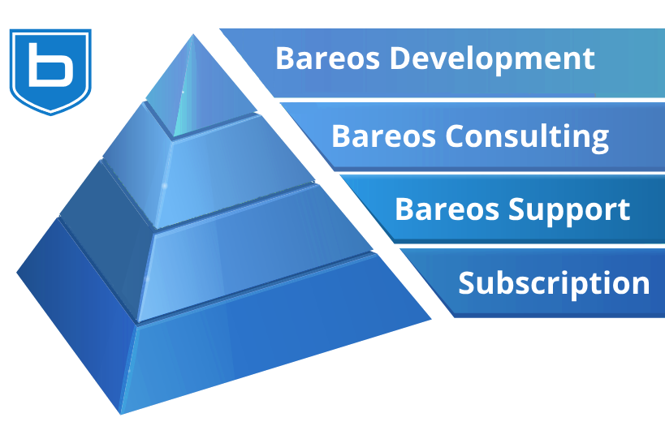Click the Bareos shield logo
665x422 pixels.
coord(50,71)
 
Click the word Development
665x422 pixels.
coord(492,59)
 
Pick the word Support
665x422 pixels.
coord(569,210)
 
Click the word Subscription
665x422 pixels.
coord(554,283)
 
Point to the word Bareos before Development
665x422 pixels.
coord(327,58)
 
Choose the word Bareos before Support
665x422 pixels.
coord(447,209)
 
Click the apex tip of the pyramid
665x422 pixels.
coord(193,34)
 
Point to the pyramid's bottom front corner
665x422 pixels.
coord(121,414)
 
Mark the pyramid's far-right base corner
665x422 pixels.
coord(431,319)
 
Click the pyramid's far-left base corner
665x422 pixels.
coord(17,273)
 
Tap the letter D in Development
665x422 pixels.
coord(401,58)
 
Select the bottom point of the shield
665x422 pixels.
coord(51,114)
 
